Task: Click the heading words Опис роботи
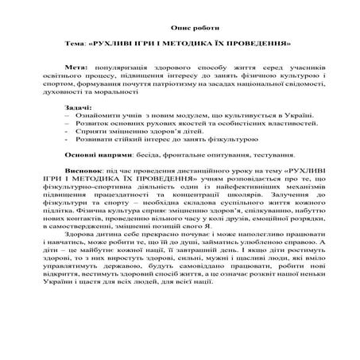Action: pos(180,26)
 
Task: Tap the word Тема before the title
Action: pos(77,41)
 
